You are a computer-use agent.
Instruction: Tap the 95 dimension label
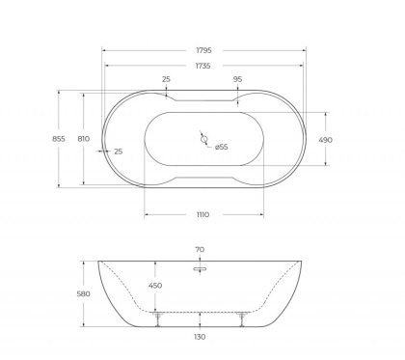click(x=237, y=81)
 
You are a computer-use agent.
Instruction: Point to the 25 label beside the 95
click(x=167, y=81)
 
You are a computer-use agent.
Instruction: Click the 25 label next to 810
click(x=119, y=152)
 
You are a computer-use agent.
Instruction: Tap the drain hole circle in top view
click(x=203, y=139)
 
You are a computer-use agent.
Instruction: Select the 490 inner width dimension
click(x=326, y=139)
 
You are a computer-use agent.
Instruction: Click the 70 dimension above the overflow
click(x=200, y=250)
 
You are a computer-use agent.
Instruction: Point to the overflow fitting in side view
click(x=200, y=270)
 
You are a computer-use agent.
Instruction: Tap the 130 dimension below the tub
click(x=200, y=338)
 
